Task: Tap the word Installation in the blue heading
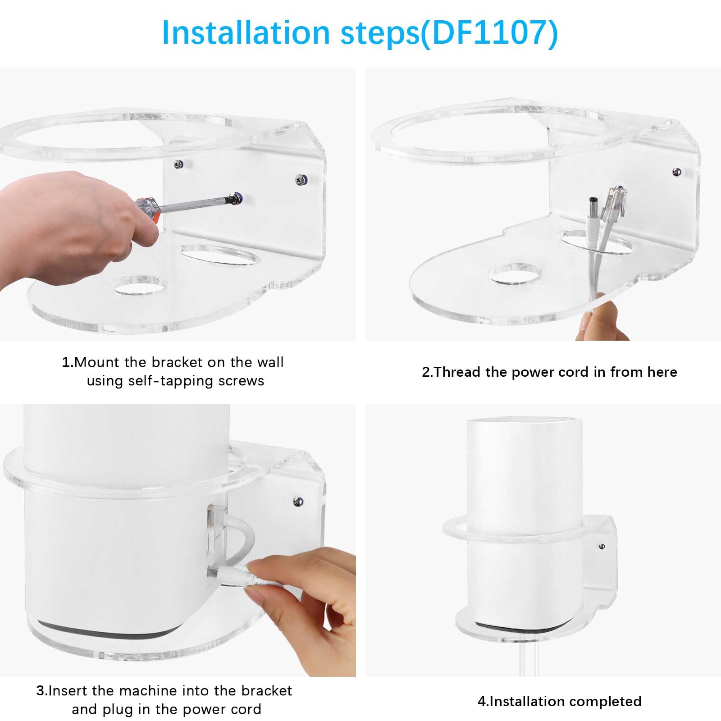(246, 32)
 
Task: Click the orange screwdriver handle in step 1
(148, 211)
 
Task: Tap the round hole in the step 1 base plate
(140, 286)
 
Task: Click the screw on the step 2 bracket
(676, 172)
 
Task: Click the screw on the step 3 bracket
(298, 501)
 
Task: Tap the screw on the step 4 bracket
(602, 547)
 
